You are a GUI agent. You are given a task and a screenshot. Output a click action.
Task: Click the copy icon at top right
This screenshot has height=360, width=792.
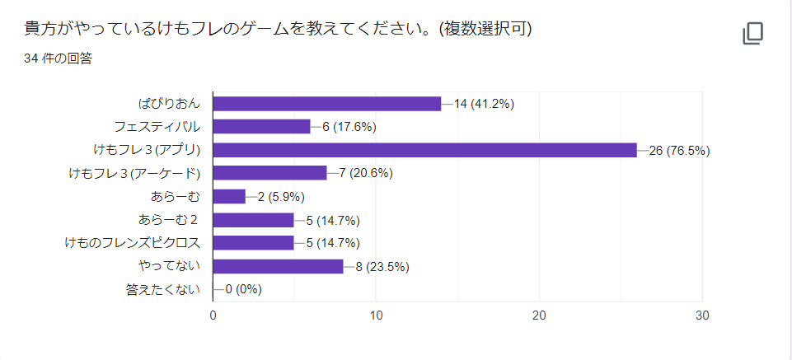(752, 33)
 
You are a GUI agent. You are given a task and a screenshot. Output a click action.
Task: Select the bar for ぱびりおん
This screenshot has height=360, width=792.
(327, 103)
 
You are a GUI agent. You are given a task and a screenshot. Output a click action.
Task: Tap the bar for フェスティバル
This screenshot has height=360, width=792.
(261, 126)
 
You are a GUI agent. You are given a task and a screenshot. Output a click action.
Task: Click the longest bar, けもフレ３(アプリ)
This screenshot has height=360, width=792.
(424, 150)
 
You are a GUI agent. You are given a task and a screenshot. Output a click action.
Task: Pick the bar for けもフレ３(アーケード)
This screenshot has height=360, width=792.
(269, 173)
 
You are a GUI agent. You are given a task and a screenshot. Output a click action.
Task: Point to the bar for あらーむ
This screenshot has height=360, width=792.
(229, 196)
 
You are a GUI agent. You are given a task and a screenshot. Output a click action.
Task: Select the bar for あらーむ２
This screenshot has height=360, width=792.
(253, 220)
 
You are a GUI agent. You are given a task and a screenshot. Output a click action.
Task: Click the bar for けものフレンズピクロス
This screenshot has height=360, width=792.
(253, 243)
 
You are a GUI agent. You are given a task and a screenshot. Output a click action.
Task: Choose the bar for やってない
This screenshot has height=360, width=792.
(278, 266)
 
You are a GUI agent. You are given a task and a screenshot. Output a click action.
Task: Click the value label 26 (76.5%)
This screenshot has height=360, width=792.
(680, 150)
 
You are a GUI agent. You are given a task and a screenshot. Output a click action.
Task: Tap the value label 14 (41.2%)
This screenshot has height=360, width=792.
(485, 103)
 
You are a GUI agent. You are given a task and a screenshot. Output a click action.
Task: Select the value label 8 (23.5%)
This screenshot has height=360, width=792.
(382, 266)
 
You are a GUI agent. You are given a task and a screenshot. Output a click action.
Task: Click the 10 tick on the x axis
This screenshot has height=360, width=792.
(376, 316)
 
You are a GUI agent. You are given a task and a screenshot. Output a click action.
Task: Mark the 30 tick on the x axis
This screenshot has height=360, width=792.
(702, 316)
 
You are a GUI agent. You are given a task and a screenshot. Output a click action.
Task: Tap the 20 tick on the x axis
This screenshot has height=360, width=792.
(539, 316)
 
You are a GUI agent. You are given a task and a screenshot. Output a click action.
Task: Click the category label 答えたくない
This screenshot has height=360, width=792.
(164, 290)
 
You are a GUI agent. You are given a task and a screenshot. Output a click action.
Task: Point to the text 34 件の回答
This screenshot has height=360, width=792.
(58, 58)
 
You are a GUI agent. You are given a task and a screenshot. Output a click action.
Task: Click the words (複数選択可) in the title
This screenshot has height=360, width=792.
(482, 29)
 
